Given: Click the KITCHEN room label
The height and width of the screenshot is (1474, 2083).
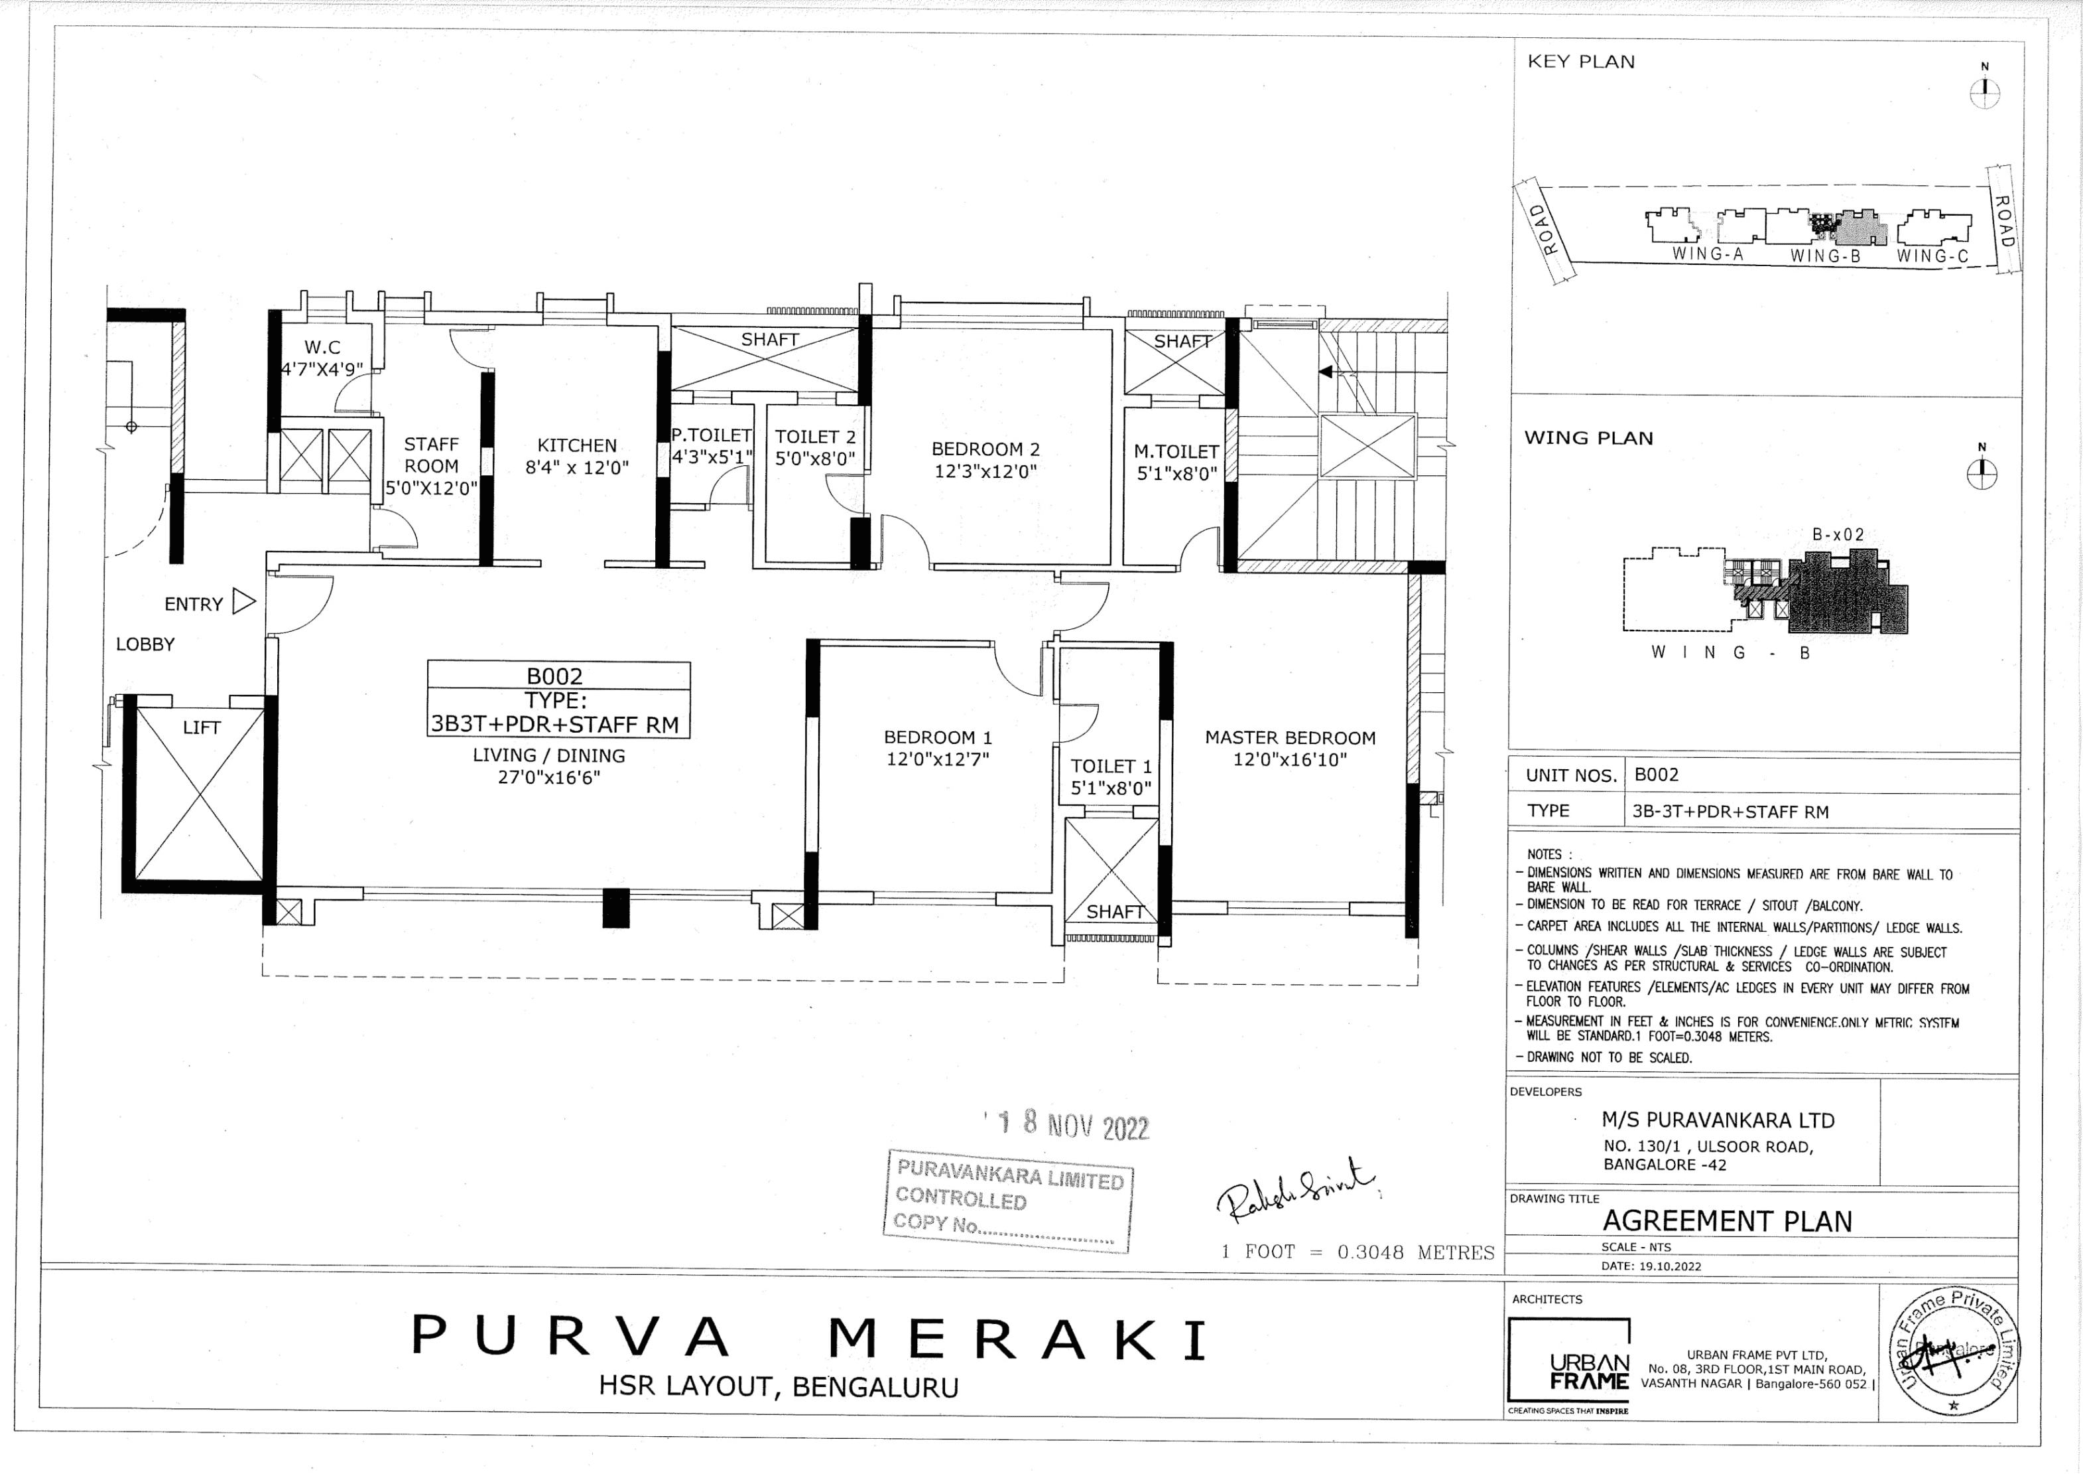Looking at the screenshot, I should point(576,445).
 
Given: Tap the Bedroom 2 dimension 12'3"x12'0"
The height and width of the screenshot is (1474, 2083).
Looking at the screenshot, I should point(985,472).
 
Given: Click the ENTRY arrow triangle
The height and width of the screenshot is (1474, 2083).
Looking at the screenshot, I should point(243,602).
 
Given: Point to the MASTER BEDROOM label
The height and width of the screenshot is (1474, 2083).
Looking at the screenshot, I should point(1289,738).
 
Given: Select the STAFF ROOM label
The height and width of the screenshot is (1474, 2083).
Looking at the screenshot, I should point(431,455).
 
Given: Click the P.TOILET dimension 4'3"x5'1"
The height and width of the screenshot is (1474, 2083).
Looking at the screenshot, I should point(712,457).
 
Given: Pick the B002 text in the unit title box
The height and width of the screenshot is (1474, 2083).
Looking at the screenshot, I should point(554,676).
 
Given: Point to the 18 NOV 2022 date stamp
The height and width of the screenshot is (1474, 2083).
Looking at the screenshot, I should point(1073,1126).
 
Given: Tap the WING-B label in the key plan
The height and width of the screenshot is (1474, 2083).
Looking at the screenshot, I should point(1824,257).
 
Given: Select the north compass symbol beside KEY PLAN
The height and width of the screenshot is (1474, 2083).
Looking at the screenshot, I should point(1984,92).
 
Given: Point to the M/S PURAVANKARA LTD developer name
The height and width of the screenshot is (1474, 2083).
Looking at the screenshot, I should point(1718,1120).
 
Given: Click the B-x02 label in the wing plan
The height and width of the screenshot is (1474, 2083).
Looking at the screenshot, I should point(1837,536).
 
